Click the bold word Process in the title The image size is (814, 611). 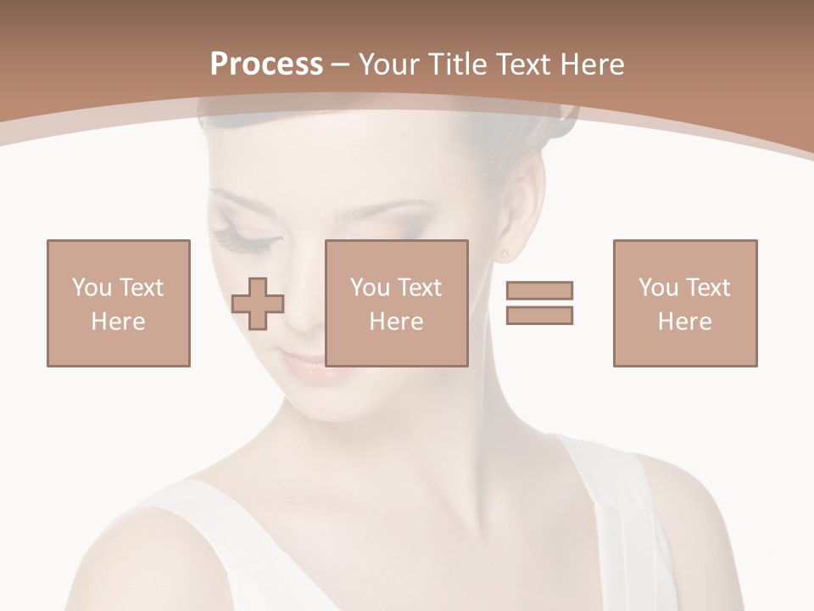tap(266, 64)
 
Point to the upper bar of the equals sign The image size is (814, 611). tap(539, 290)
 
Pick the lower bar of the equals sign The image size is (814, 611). tap(539, 315)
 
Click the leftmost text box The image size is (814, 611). tap(119, 303)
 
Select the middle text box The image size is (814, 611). tap(397, 303)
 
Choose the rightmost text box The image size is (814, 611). tap(685, 303)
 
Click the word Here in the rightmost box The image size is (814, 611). tap(685, 322)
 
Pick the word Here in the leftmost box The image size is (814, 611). tap(119, 322)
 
